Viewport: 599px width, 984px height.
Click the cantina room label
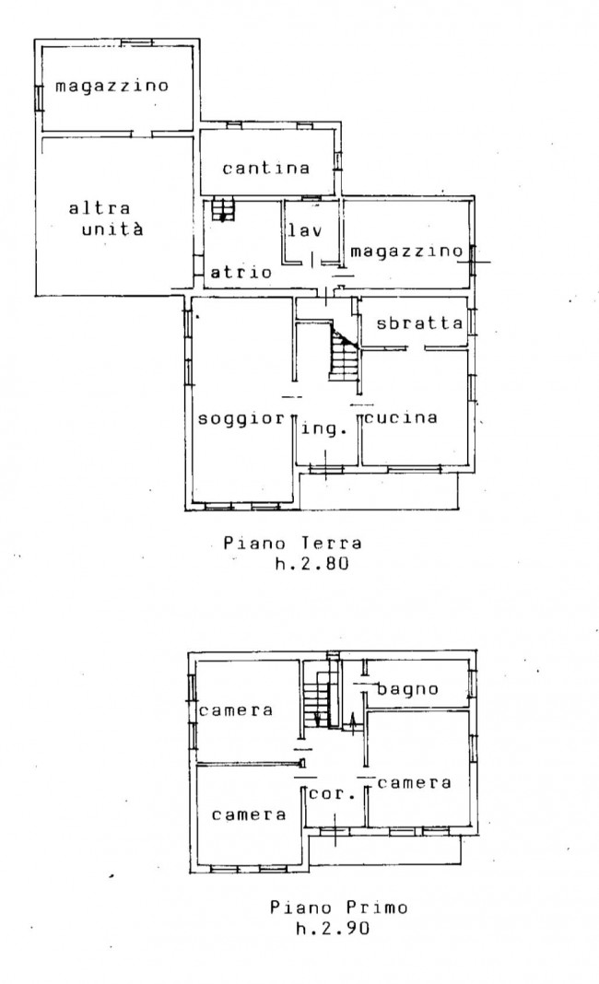coord(265,168)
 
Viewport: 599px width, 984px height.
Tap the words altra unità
coord(106,217)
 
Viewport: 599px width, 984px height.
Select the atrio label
coord(241,272)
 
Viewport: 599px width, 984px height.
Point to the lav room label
coord(305,229)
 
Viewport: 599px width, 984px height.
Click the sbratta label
coord(419,322)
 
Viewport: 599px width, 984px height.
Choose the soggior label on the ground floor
coord(241,418)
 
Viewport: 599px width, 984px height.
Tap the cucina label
coord(401,417)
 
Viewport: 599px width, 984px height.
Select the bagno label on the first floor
coord(407,689)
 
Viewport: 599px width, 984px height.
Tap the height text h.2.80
coord(311,564)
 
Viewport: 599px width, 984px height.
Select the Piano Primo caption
coord(339,907)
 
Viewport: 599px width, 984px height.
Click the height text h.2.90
coord(333,928)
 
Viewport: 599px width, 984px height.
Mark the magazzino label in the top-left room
coord(112,86)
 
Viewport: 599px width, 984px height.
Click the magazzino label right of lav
coord(406,252)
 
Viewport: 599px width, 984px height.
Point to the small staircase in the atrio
coord(222,210)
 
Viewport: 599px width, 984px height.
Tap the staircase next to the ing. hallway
coord(345,356)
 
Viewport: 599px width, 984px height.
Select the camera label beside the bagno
coord(415,782)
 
